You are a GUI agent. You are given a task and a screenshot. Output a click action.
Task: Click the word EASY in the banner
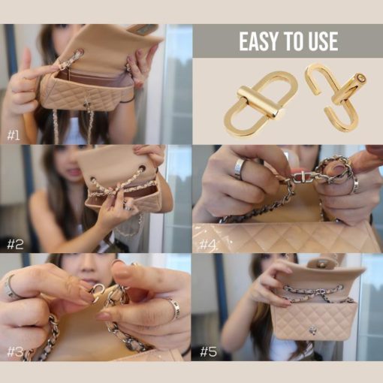tap(258, 41)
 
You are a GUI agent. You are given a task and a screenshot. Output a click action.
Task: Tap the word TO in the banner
tap(293, 41)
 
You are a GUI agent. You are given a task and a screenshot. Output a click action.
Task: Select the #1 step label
tap(14, 135)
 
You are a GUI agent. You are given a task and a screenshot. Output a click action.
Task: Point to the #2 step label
tap(15, 244)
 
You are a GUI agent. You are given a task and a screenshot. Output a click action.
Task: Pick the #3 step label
tap(15, 352)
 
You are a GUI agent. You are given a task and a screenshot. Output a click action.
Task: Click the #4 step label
tap(208, 244)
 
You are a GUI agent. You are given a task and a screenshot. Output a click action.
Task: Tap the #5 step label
tap(208, 352)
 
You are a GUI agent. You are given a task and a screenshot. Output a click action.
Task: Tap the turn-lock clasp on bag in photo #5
tap(312, 331)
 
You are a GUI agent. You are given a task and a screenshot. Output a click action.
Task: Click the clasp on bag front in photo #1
tap(87, 102)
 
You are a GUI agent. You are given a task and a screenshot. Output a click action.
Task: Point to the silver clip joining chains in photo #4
tap(302, 177)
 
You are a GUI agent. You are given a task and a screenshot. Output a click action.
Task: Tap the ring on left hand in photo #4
tap(240, 169)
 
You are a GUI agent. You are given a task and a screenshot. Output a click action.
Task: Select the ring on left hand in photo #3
tap(11, 287)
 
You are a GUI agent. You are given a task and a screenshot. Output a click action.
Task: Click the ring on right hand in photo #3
tap(174, 308)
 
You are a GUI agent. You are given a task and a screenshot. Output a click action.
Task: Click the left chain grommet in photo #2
tap(93, 179)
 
